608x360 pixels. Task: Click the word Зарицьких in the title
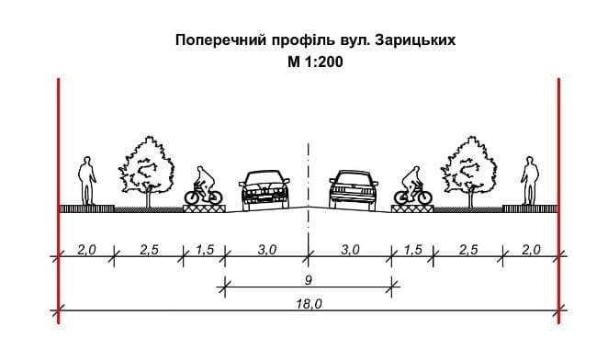[x=415, y=40]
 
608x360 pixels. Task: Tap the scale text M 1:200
[x=315, y=62]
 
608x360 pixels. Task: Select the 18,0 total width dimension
[x=309, y=304]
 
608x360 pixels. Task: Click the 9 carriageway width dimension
[x=309, y=280]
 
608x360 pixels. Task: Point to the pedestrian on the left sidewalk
[x=87, y=180]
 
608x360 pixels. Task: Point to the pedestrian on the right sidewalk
[x=530, y=180]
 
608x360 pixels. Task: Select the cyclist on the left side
[x=204, y=186]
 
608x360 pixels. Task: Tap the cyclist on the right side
[x=413, y=186]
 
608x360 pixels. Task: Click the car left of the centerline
[x=265, y=190]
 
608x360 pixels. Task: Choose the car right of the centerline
[x=354, y=190]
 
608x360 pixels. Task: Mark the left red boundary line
[x=58, y=200]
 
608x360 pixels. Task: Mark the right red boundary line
[x=559, y=200]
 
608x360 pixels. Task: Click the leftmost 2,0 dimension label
[x=86, y=250]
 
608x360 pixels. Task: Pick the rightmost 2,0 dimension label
[x=531, y=250]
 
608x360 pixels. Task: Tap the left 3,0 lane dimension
[x=267, y=250]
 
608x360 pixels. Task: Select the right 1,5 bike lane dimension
[x=413, y=250]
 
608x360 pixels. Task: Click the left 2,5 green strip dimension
[x=150, y=250]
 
